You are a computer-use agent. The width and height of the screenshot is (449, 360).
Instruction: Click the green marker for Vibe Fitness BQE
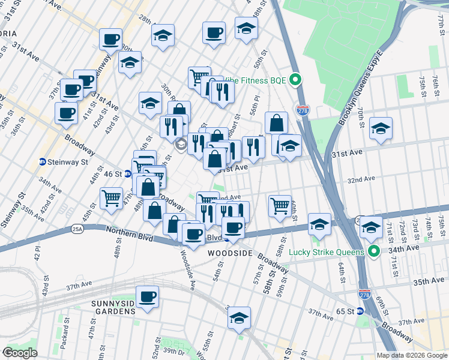[x=295, y=79]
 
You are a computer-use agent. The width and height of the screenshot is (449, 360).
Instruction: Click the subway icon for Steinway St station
[x=43, y=161]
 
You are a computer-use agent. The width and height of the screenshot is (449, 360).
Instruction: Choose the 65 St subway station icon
[x=360, y=311]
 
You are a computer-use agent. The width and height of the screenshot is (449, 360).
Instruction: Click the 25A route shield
[x=77, y=229]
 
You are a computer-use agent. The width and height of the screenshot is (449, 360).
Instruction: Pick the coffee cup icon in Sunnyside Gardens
[x=147, y=296]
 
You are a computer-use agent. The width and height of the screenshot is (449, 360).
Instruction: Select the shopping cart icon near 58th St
[x=280, y=206]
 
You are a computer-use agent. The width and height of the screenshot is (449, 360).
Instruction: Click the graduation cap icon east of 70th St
[x=381, y=128]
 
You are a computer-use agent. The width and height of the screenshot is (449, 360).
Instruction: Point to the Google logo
[x=20, y=353]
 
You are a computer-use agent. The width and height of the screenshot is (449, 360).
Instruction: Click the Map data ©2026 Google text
[x=411, y=355]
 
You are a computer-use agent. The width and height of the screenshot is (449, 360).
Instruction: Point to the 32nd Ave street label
[x=361, y=179]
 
